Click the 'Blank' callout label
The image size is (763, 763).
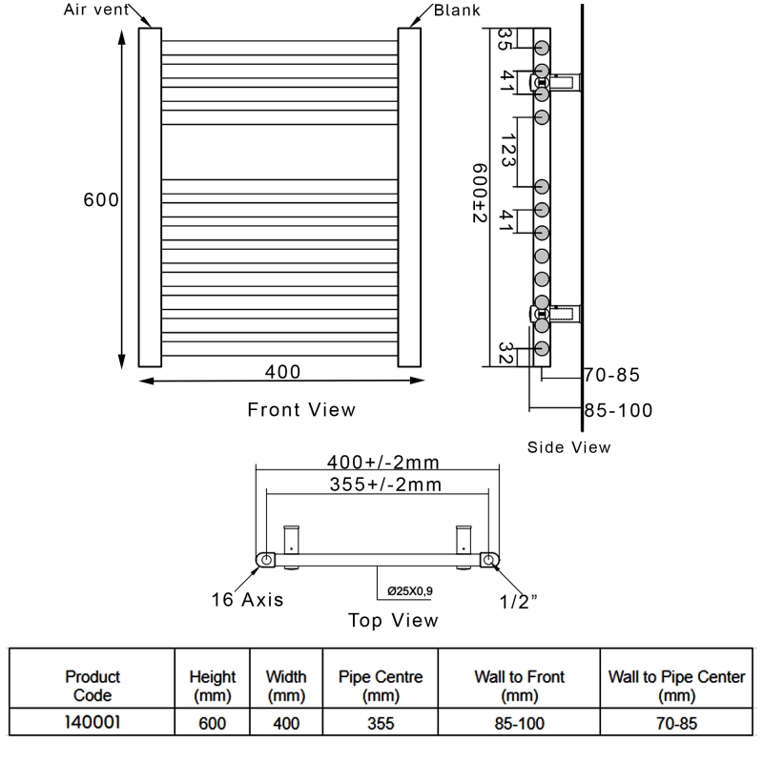(456, 10)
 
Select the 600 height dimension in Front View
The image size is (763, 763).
(100, 200)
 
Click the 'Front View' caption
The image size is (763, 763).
(301, 410)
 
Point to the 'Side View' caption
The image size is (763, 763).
(569, 446)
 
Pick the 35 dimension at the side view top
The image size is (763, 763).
(505, 42)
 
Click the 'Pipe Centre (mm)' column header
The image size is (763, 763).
(381, 685)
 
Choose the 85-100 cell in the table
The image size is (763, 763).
(519, 723)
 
